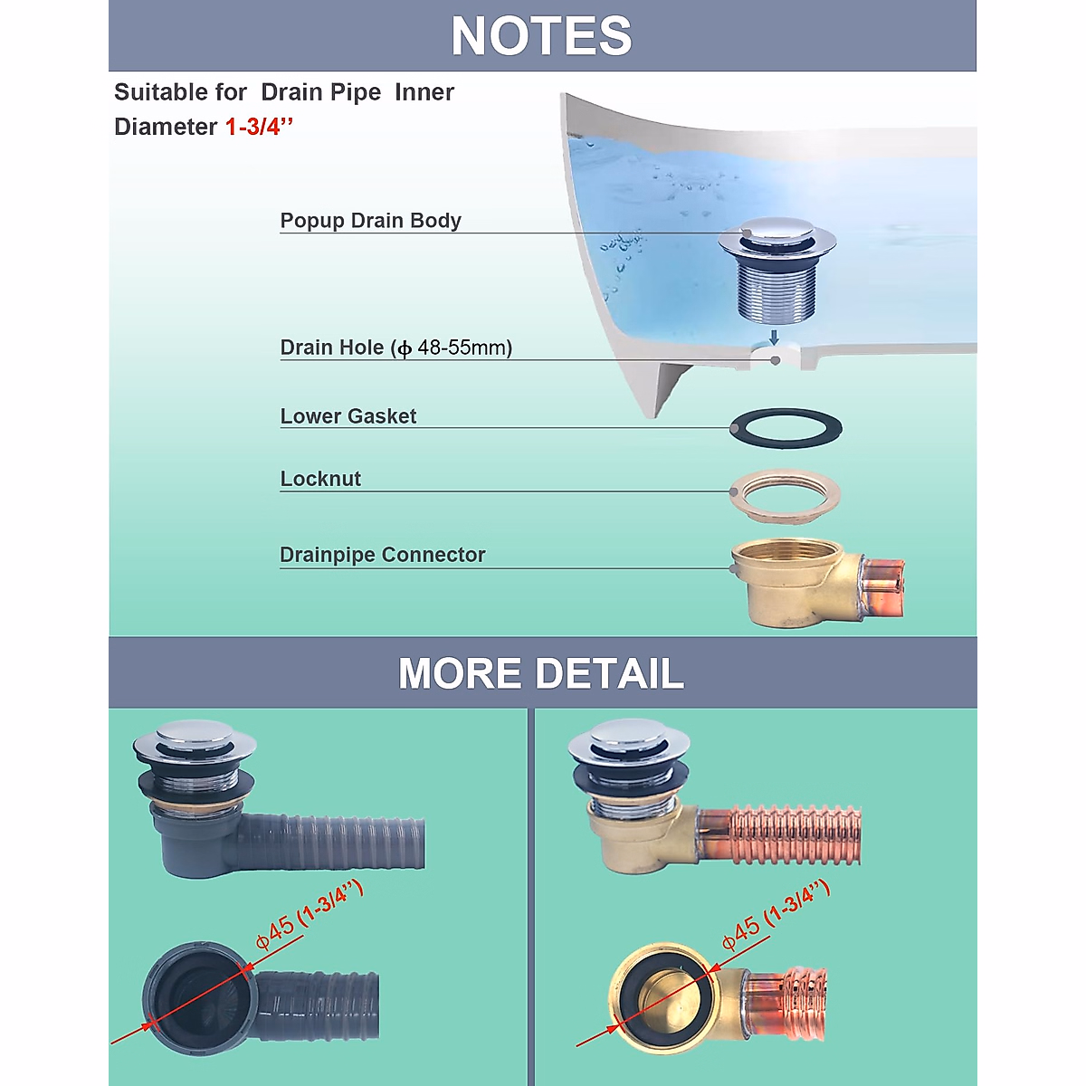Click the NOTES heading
click(541, 36)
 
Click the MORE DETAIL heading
click(541, 673)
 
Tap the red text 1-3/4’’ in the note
click(259, 127)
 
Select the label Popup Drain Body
click(370, 221)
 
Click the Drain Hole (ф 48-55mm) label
click(395, 348)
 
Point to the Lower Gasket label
click(348, 416)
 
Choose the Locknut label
click(320, 479)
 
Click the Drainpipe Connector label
click(382, 555)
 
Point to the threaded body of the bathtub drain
click(776, 288)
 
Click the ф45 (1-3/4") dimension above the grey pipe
click(309, 915)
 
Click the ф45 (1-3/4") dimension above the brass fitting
click(775, 916)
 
